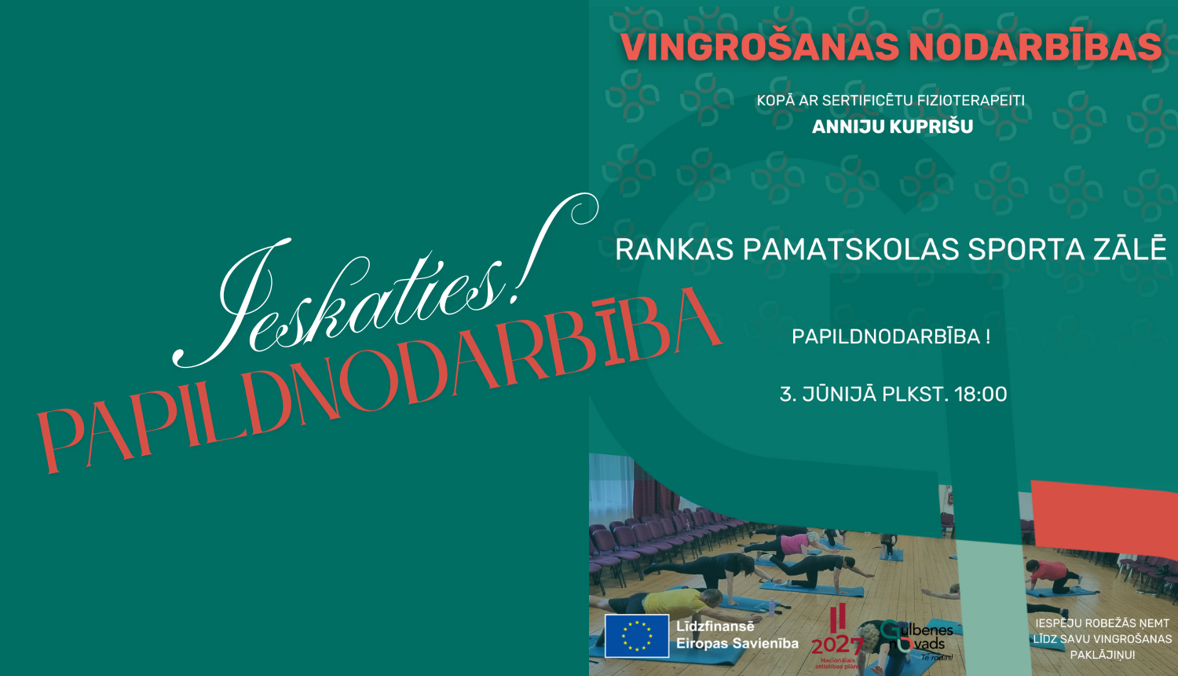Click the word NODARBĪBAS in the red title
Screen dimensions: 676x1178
(x=1035, y=47)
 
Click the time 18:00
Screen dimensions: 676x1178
(x=980, y=394)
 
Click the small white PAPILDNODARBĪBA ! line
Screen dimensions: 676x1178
(x=891, y=336)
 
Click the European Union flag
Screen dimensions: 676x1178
(x=636, y=635)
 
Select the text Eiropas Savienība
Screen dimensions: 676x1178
(x=737, y=643)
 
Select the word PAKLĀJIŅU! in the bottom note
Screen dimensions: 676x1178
(x=1102, y=655)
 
